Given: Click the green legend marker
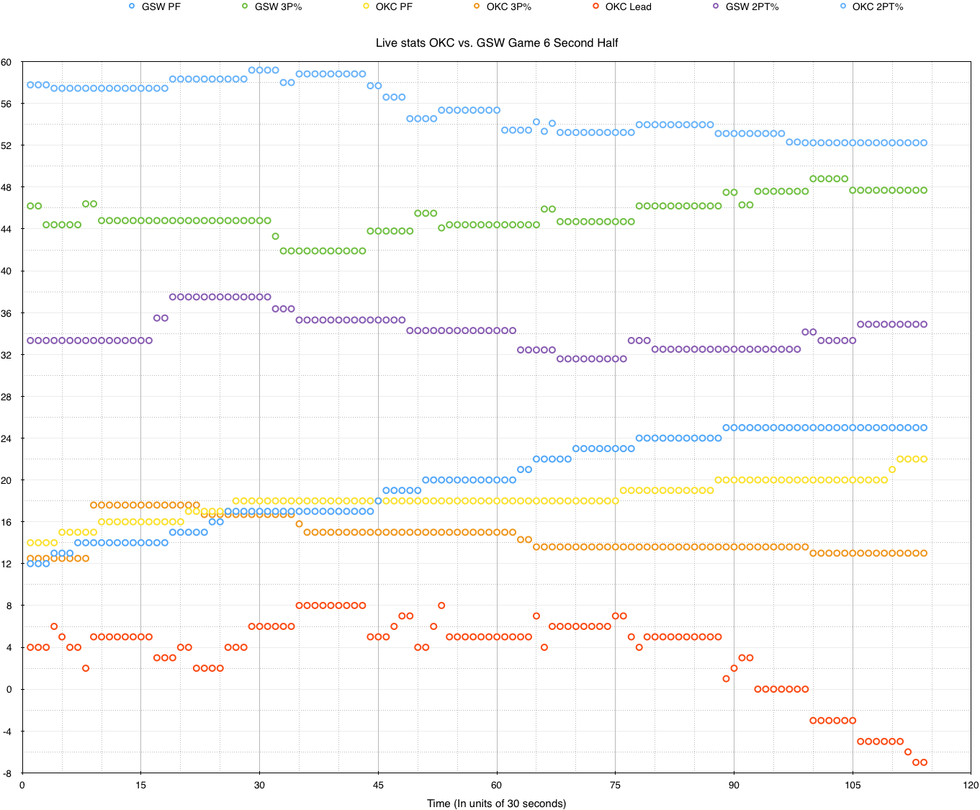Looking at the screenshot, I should tap(245, 6).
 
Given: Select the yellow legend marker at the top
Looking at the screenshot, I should tap(366, 6).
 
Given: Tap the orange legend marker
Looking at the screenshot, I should tap(477, 6).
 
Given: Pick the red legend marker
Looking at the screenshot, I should tap(595, 6).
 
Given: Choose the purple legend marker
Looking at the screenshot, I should tap(715, 6).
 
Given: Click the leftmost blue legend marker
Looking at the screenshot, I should tap(132, 6).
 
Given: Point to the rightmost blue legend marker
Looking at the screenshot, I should tap(843, 6).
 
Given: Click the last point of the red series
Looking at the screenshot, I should tap(924, 762).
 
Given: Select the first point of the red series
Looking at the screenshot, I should tap(30, 647).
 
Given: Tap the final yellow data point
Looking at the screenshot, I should tap(924, 459).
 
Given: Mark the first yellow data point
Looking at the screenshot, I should tap(30, 542).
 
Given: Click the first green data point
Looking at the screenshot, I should tap(30, 206).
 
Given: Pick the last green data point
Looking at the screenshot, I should tap(924, 190).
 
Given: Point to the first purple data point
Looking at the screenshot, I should tap(30, 340).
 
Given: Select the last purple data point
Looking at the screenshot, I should tap(924, 324).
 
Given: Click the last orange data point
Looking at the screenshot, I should tap(924, 553).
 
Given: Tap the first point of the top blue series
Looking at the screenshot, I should tap(30, 84).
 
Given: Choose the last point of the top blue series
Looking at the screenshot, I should tap(924, 143).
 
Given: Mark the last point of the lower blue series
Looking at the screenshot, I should tap(924, 428).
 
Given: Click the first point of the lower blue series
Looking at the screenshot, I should tap(30, 564).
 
